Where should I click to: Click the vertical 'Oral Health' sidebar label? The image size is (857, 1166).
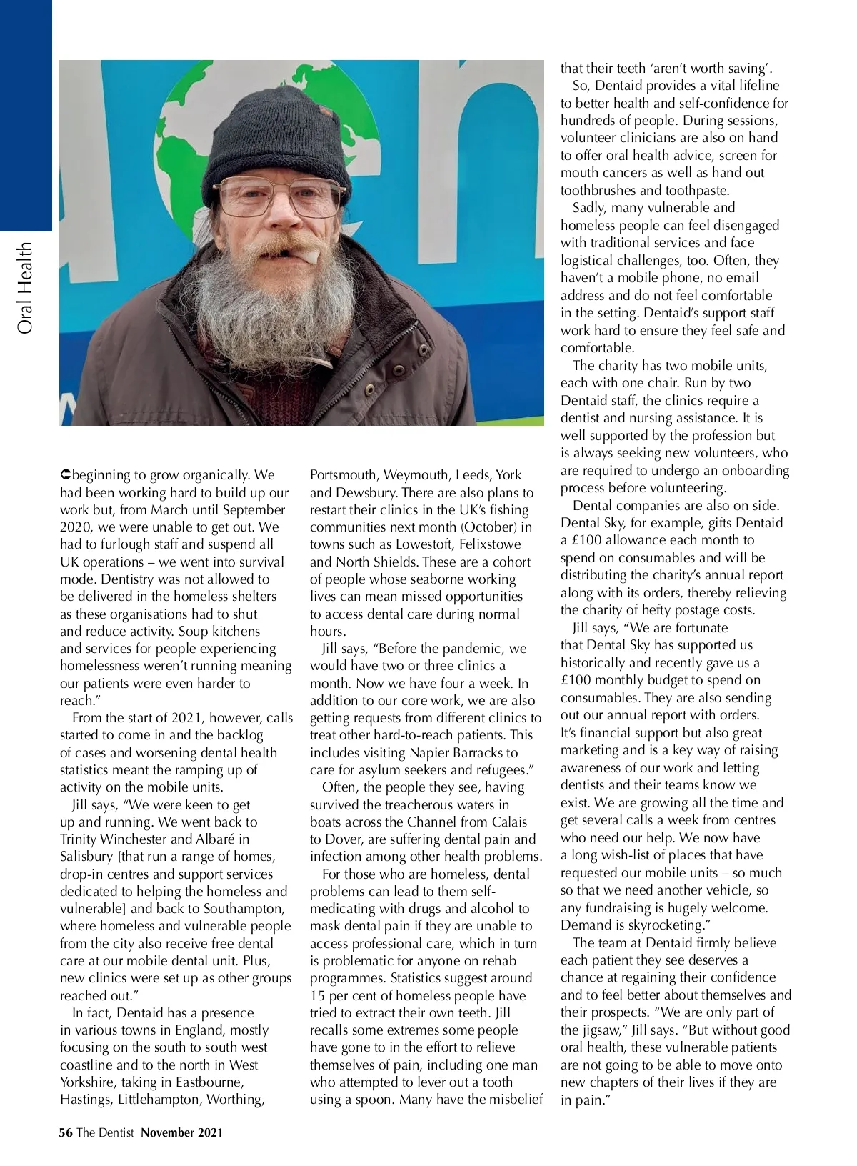click(x=26, y=287)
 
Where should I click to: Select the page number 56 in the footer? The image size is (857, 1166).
click(x=66, y=1132)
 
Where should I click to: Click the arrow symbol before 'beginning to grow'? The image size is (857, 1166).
click(x=65, y=475)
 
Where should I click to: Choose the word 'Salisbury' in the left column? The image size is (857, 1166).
click(x=86, y=857)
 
